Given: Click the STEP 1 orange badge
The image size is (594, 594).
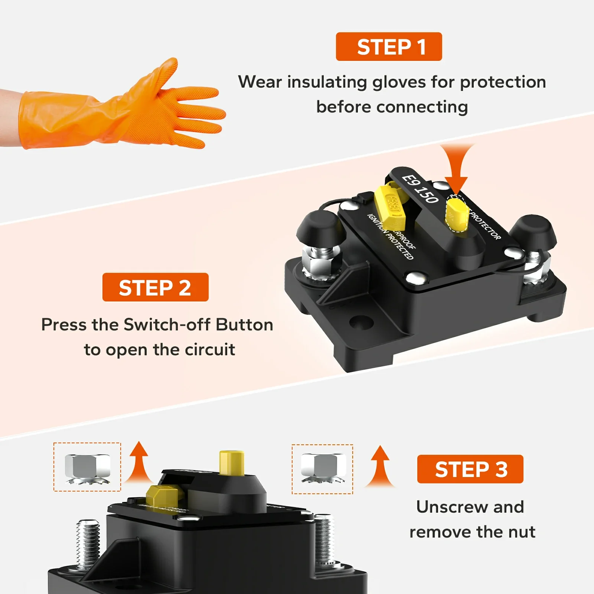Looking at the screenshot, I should coord(389,47).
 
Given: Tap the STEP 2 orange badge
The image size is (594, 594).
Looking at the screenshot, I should coord(155,287).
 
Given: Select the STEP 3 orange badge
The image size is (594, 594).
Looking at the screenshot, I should coord(470,469).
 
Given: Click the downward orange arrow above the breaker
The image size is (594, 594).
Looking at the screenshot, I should coord(456,167).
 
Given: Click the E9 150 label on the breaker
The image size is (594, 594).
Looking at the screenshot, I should coord(421,189).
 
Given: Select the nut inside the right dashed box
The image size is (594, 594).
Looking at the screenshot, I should coord(323,467).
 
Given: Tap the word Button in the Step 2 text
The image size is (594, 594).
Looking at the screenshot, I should coord(245,325).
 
